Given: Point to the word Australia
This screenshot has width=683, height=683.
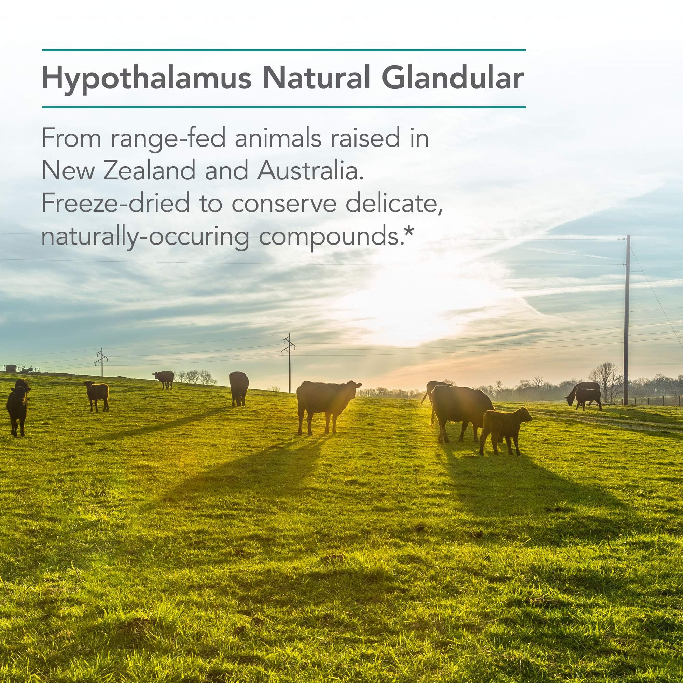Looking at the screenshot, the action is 310,170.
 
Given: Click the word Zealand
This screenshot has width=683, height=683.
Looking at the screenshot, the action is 149,170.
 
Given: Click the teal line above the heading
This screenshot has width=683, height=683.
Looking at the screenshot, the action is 283,50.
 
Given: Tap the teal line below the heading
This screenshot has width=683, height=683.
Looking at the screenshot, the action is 283,107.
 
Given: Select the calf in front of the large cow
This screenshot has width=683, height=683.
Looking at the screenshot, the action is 505,431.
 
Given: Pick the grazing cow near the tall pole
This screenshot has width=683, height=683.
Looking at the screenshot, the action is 584,395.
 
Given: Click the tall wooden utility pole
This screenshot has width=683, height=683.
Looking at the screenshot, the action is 626,320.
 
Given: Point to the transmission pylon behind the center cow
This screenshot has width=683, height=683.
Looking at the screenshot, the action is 289,362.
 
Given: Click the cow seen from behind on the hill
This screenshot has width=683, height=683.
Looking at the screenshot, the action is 239,388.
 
